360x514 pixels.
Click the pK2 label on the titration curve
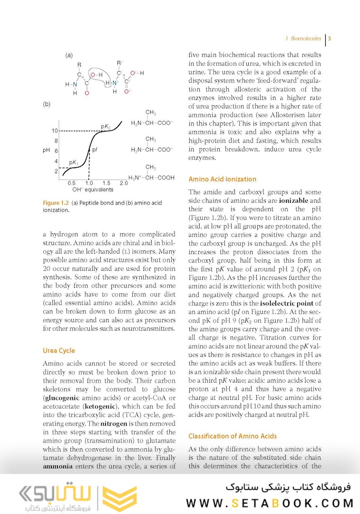pos(106,126)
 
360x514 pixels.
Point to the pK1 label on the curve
pos(74,163)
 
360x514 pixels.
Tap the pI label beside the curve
pos(95,149)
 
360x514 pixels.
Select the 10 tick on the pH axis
pos(55,130)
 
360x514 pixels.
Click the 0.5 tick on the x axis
pos(71,183)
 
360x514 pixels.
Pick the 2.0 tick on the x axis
pos(124,183)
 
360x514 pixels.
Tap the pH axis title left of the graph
pos(46,150)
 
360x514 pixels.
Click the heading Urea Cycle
pos(59,351)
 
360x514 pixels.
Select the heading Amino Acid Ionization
pos(223,179)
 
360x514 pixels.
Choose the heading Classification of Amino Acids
pos(233,436)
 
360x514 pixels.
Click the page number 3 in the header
pos(330,39)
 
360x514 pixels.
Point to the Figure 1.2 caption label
pos(56,203)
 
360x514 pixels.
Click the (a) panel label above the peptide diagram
pos(69,55)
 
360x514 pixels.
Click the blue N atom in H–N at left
pos(74,84)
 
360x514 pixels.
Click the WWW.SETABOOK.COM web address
pos(270,503)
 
